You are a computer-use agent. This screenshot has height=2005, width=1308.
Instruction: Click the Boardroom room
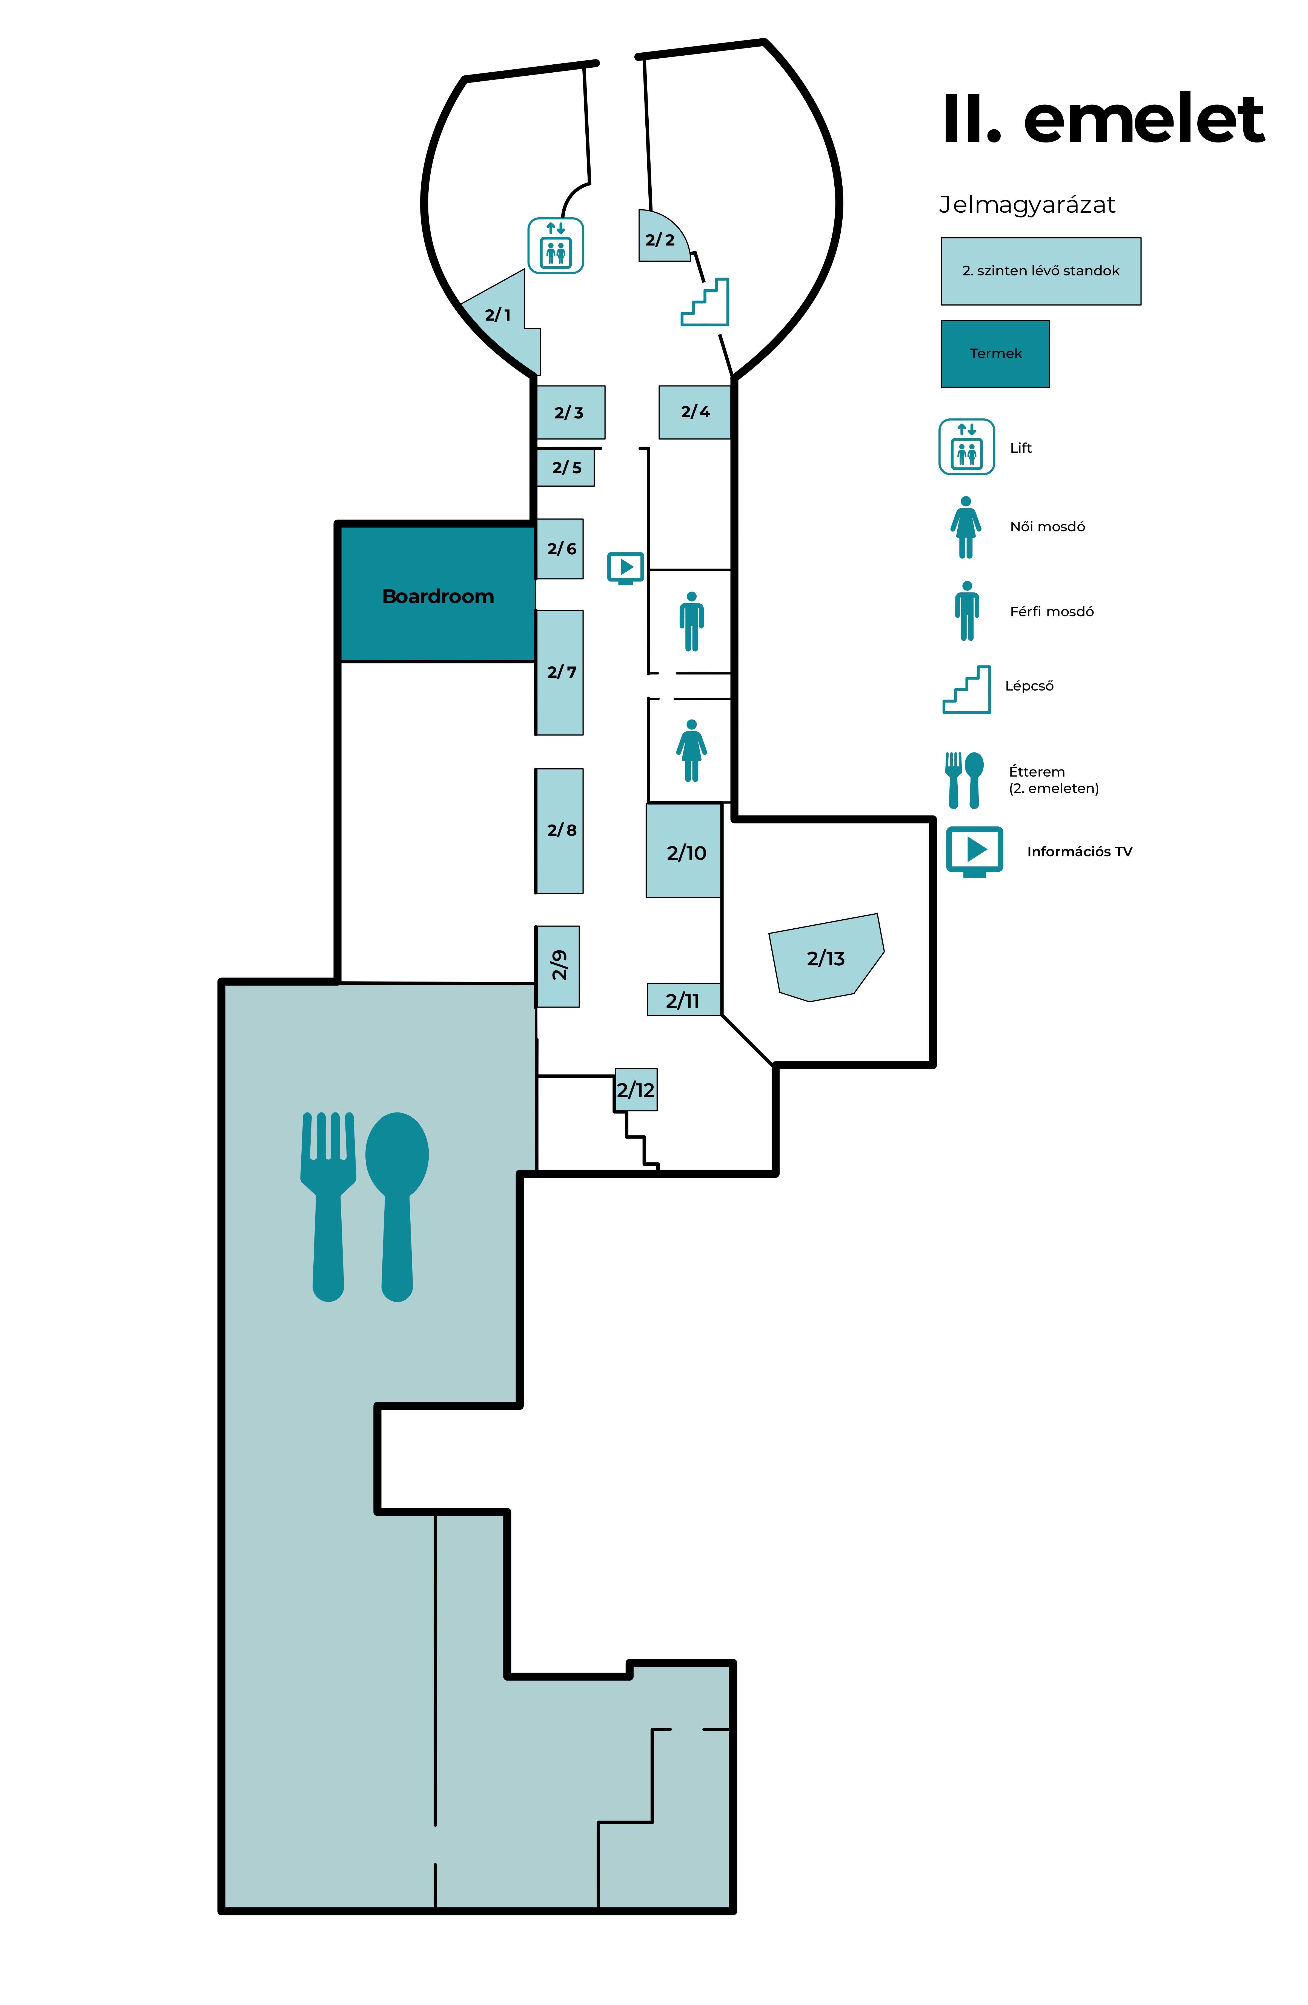437,594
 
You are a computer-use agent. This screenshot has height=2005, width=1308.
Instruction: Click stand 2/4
694,412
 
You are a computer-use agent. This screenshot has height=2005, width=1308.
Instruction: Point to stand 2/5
565,467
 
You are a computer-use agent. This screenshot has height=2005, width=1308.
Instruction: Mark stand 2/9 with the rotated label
557,966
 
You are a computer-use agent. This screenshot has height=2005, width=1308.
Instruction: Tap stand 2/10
684,851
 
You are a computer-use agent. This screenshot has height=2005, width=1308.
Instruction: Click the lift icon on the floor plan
555,245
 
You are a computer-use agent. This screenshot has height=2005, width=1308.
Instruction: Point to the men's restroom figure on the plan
691,622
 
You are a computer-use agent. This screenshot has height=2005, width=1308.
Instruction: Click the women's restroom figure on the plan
691,751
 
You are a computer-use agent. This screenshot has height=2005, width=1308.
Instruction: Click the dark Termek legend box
995,354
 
